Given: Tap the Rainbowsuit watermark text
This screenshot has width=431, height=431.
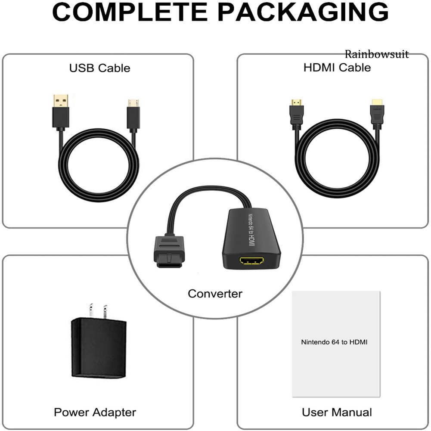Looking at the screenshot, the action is click(x=376, y=54).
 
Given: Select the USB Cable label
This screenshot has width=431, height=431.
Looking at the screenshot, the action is click(x=99, y=68).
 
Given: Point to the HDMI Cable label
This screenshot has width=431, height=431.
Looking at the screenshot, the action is click(x=337, y=68).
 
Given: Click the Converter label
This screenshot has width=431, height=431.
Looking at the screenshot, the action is click(x=215, y=294).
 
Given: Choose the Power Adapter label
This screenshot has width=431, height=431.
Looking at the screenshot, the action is click(x=95, y=412).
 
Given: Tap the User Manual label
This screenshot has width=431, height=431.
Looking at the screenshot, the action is click(x=337, y=412).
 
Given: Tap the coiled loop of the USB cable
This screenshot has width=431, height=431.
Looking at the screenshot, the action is click(x=99, y=177).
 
